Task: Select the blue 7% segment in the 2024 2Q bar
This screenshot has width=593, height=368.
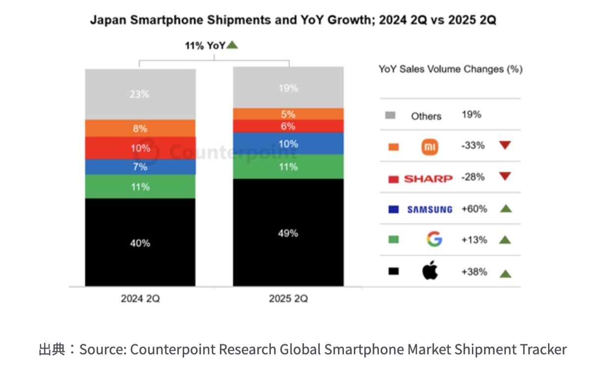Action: [140, 167]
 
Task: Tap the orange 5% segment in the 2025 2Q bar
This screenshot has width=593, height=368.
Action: [288, 114]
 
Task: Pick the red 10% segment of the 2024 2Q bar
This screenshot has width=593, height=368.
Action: [140, 148]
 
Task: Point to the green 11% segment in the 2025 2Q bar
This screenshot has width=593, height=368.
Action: [288, 167]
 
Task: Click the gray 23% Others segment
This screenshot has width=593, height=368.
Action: [140, 94]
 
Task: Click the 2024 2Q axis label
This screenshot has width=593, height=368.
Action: [140, 299]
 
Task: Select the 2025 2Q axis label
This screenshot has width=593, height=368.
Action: [288, 299]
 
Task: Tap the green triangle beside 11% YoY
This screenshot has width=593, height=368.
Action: [232, 46]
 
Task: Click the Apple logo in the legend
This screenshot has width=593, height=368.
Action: [430, 271]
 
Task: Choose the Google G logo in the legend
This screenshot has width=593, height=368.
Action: [434, 240]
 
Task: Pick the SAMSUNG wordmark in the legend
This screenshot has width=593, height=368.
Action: [429, 209]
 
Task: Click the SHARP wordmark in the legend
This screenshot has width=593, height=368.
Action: [428, 178]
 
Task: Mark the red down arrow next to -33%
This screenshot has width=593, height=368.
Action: [505, 145]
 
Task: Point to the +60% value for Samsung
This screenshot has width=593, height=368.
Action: [474, 209]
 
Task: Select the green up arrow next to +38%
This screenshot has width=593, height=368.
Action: [505, 273]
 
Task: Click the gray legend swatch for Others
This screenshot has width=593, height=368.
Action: [390, 116]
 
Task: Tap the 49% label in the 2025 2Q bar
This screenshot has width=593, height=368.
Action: [288, 233]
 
